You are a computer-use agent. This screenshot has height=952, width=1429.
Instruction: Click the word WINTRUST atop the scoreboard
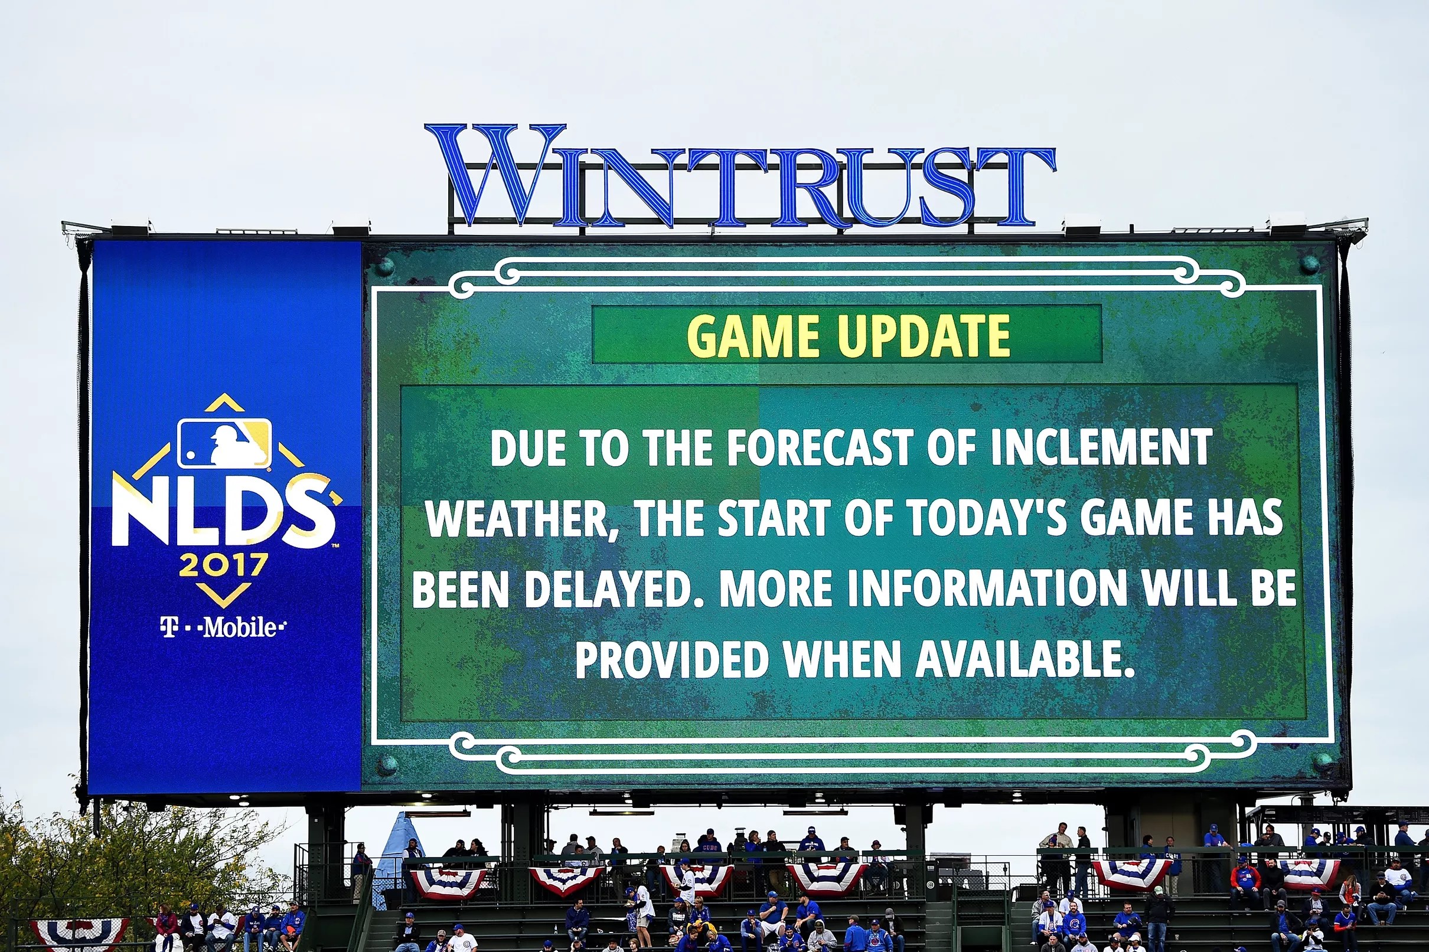[x=740, y=176]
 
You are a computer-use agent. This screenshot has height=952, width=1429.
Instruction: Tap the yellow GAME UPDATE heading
[x=849, y=336]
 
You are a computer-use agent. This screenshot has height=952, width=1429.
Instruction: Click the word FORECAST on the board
[x=819, y=448]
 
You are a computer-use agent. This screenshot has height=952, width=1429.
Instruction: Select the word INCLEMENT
[x=1101, y=448]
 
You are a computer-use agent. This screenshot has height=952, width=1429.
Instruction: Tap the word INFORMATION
[x=987, y=589]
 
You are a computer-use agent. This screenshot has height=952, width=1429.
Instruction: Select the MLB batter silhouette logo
[x=224, y=443]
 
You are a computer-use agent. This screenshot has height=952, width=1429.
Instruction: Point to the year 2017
[x=223, y=566]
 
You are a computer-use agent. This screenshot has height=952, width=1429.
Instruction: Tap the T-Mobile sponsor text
[x=223, y=627]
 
